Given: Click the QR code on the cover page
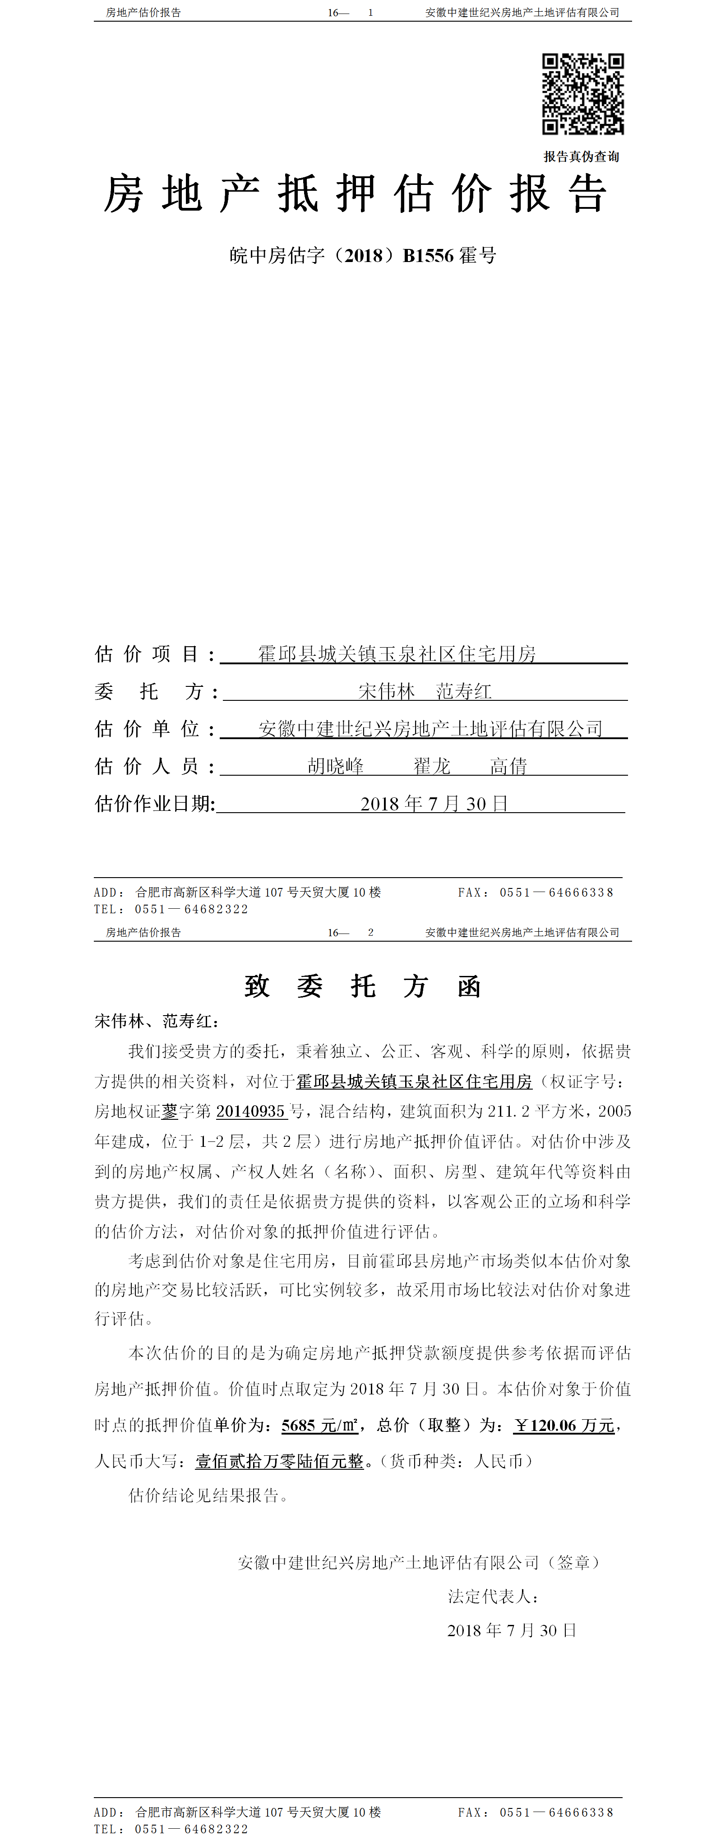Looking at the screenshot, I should tap(582, 93).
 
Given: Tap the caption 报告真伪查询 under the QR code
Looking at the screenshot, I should tap(581, 156).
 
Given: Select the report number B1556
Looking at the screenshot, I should tap(428, 256).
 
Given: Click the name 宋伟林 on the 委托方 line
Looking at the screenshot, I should tap(387, 691).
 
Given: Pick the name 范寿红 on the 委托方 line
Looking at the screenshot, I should tap(464, 691).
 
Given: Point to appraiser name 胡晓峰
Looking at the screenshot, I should tap(336, 766).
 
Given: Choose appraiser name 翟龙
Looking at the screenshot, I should tap(432, 766).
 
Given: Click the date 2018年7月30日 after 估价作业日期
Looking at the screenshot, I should tap(434, 804).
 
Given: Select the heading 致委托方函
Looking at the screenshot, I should tap(362, 986).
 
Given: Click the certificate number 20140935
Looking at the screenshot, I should tap(250, 1111).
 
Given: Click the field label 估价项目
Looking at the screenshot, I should tap(147, 653).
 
